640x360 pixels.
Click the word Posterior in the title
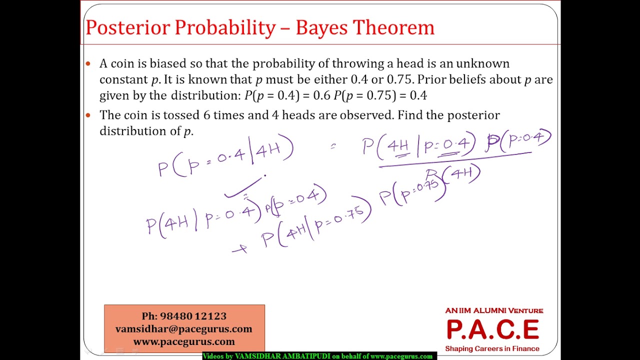127,27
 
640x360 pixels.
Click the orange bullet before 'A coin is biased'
88,63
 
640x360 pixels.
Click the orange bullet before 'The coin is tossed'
88,115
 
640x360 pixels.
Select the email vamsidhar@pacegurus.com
184,329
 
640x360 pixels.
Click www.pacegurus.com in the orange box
184,342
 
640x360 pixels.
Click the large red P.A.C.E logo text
492,329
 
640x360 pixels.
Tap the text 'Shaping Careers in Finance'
492,348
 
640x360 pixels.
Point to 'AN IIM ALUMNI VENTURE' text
494,310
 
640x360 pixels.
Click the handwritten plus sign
240,248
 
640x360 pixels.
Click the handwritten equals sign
333,146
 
